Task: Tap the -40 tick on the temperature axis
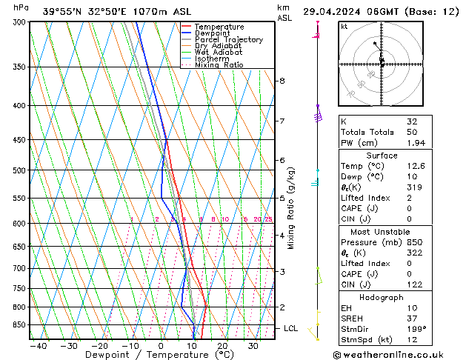coord(38,345)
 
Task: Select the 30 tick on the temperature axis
coord(253,345)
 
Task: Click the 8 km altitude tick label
coord(282,81)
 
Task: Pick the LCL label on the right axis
coord(291,328)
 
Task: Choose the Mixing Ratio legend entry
coord(219,65)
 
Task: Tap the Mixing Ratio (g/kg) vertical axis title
coord(290,208)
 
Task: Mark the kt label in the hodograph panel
coord(344,27)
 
